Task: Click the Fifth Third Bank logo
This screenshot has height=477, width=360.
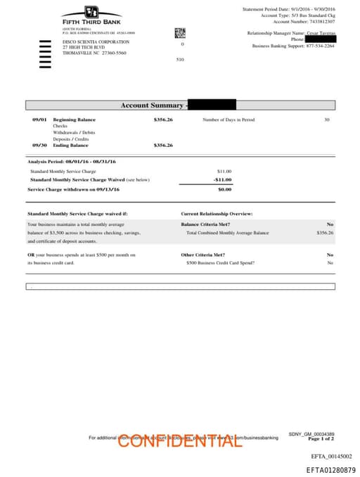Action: pyautogui.click(x=91, y=15)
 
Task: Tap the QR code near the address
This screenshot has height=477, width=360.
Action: pyautogui.click(x=180, y=33)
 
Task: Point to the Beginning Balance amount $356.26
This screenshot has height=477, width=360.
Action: pyautogui.click(x=163, y=120)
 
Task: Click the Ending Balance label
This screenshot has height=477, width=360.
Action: pyautogui.click(x=70, y=145)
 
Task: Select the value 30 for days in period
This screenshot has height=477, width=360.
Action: pyautogui.click(x=326, y=120)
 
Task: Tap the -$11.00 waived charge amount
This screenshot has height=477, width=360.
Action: pyautogui.click(x=223, y=179)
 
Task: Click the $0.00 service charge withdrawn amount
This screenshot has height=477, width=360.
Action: pyautogui.click(x=224, y=189)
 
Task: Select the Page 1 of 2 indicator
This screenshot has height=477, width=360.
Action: pyautogui.click(x=321, y=438)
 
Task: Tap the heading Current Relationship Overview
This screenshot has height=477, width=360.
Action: pyautogui.click(x=217, y=213)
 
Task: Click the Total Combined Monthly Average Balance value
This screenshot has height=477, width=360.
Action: pyautogui.click(x=325, y=232)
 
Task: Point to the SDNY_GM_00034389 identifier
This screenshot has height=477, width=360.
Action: pyautogui.click(x=311, y=433)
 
